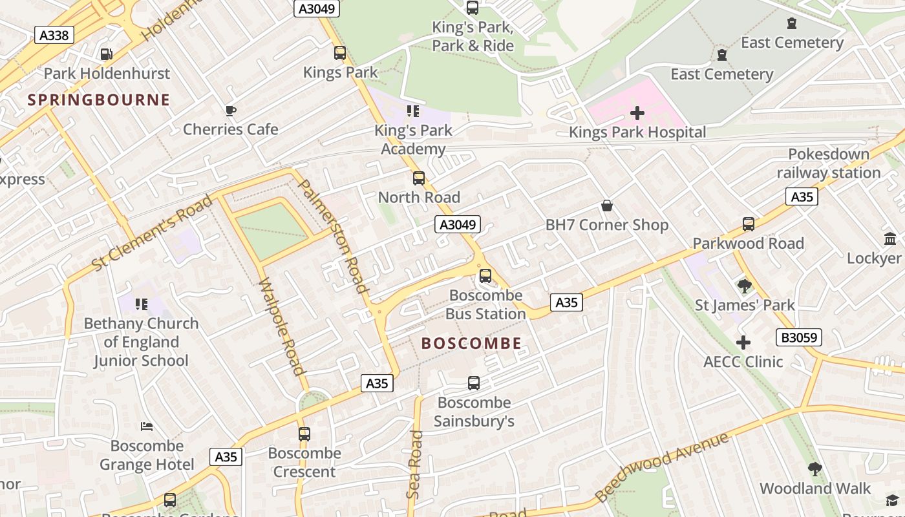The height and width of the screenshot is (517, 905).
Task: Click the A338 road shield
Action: (x=54, y=35)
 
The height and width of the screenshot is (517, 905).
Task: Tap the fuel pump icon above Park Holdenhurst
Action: (x=106, y=55)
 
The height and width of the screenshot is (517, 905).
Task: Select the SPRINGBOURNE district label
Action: (x=99, y=100)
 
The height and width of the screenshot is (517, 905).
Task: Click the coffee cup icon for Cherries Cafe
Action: (x=231, y=111)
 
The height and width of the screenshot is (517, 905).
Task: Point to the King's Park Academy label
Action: (x=413, y=140)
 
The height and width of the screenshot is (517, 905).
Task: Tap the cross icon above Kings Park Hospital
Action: (x=637, y=114)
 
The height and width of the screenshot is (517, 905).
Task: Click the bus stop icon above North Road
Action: (x=419, y=178)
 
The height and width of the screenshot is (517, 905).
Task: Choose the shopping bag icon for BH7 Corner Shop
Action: (x=607, y=206)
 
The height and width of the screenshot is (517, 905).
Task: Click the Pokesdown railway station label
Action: (x=829, y=164)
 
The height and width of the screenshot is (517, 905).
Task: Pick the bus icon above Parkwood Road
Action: (x=749, y=224)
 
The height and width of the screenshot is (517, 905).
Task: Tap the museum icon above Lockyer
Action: (x=890, y=238)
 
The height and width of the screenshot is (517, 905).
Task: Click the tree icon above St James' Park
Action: (x=744, y=286)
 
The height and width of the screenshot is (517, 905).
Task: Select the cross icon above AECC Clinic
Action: (x=743, y=343)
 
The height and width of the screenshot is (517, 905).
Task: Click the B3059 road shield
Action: (x=798, y=337)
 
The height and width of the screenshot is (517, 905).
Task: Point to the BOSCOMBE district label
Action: (x=471, y=343)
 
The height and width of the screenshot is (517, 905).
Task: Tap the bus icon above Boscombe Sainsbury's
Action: (x=474, y=383)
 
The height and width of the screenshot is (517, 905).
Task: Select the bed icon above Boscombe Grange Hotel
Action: (x=147, y=427)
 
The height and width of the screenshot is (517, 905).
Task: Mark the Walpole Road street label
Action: (x=281, y=326)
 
